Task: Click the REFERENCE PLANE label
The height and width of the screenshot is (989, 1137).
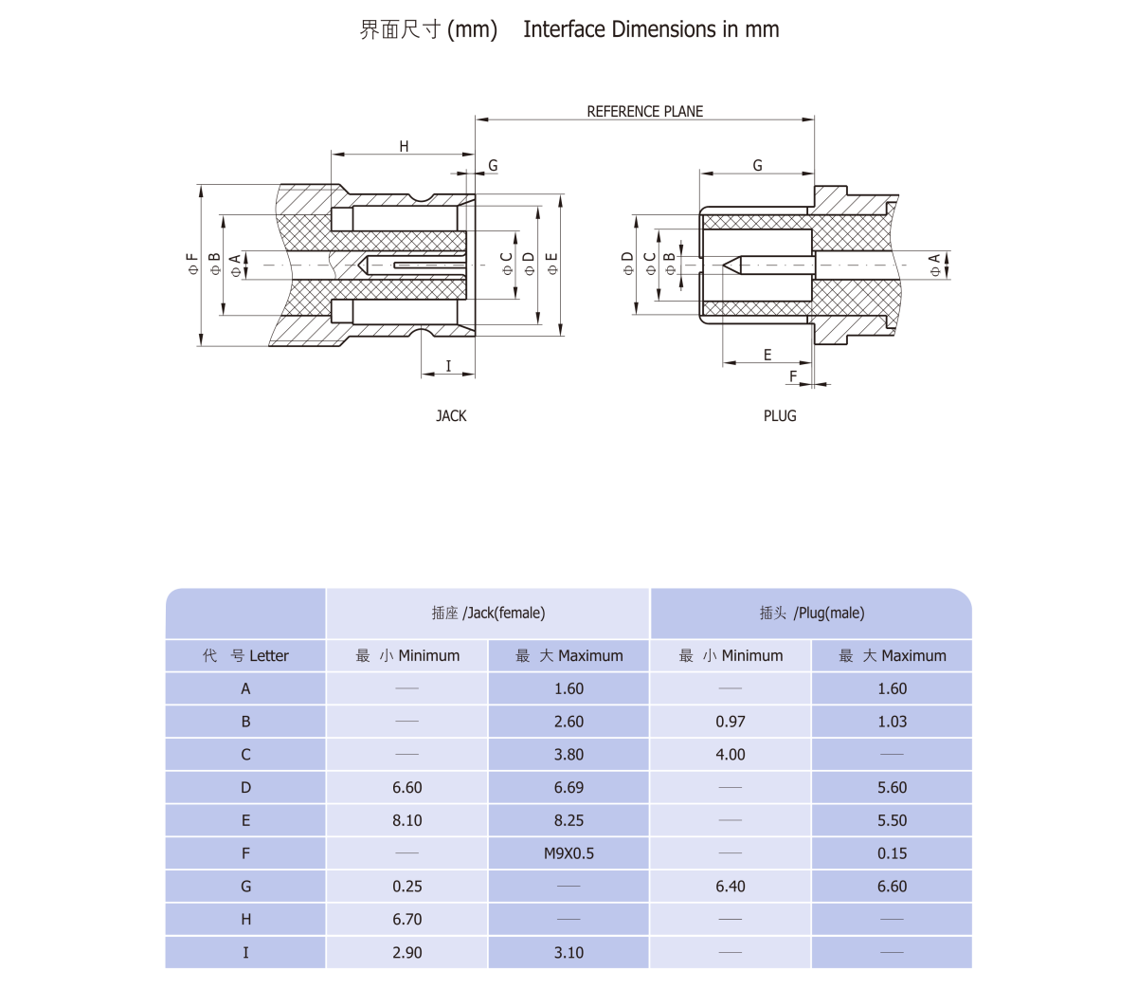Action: pyautogui.click(x=644, y=112)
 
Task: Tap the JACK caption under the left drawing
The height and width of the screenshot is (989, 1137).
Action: pyautogui.click(x=451, y=416)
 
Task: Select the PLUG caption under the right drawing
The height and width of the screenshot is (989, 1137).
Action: pyautogui.click(x=780, y=416)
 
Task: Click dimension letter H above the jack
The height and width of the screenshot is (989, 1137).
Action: pyautogui.click(x=404, y=147)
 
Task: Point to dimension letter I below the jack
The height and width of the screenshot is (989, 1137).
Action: pyautogui.click(x=448, y=366)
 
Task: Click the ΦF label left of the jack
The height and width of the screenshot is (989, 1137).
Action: pyautogui.click(x=193, y=264)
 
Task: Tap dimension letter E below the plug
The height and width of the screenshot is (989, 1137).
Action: pyautogui.click(x=767, y=356)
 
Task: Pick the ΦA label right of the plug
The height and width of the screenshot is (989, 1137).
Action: pyautogui.click(x=935, y=265)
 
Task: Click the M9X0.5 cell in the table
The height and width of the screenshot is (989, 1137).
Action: pyautogui.click(x=568, y=853)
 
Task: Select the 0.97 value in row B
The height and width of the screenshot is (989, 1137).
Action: pyautogui.click(x=731, y=722)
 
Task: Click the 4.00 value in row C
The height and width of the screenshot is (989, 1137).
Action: pyautogui.click(x=731, y=755)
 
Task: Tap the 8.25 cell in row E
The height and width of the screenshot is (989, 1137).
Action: pyautogui.click(x=568, y=820)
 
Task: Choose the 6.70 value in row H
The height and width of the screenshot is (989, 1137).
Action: pyautogui.click(x=407, y=919)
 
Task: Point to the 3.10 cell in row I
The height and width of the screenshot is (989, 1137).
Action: pyautogui.click(x=568, y=952)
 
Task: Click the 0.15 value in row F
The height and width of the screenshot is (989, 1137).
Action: pyautogui.click(x=892, y=853)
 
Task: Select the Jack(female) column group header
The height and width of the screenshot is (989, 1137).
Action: pyautogui.click(x=488, y=614)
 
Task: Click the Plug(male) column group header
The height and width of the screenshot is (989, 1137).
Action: pyautogui.click(x=812, y=614)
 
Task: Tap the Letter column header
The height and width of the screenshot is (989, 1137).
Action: pyautogui.click(x=246, y=656)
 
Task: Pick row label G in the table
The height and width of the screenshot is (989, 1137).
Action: pyautogui.click(x=246, y=887)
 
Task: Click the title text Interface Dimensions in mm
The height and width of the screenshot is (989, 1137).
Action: pyautogui.click(x=651, y=29)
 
